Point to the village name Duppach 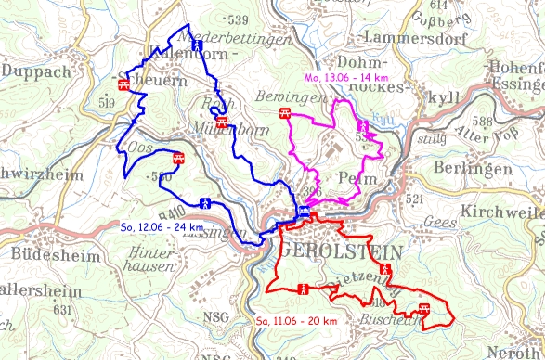[35, 70]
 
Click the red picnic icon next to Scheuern [123, 84]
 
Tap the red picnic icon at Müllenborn [221, 121]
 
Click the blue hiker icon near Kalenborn [198, 44]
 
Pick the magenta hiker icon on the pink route [362, 125]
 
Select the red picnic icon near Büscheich [425, 309]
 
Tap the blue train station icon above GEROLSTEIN [304, 212]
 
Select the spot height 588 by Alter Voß [480, 122]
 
